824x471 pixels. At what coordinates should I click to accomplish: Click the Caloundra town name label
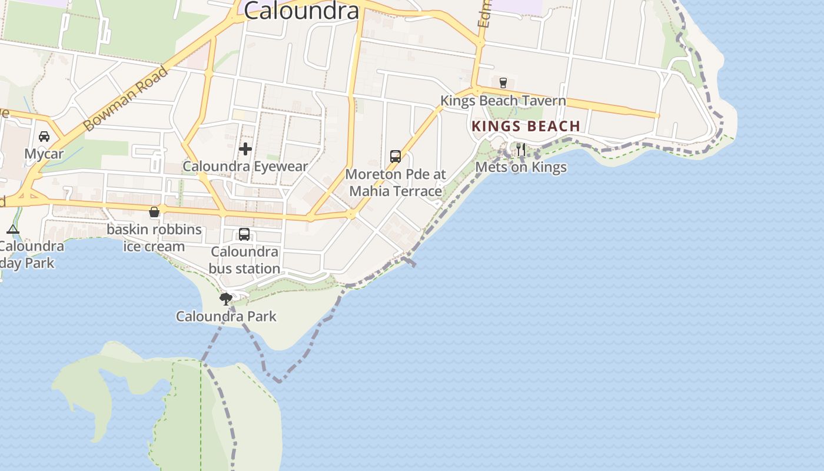pos(301,11)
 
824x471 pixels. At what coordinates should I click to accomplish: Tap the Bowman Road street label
pos(125,99)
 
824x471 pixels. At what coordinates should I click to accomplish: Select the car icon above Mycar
pos(44,137)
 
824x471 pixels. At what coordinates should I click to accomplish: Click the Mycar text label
pos(44,154)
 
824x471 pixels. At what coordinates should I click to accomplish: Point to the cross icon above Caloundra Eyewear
pos(245,149)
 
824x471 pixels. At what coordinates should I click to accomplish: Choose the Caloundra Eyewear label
pos(245,167)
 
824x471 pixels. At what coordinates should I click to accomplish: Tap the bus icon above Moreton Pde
pos(396,157)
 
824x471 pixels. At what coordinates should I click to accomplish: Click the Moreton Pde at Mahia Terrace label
pos(396,183)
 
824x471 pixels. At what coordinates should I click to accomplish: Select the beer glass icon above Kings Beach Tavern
pos(503,83)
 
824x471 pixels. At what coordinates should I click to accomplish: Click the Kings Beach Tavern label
pos(503,101)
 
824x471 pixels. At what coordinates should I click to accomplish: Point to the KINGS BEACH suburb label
pos(526,126)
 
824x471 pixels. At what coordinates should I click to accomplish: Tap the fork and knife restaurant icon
pos(521,150)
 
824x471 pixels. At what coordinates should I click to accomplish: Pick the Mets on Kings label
pos(521,167)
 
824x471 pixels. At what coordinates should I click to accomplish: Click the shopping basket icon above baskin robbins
pos(154,212)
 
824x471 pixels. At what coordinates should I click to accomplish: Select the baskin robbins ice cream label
pos(154,238)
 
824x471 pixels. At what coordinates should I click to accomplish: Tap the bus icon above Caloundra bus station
pos(244,234)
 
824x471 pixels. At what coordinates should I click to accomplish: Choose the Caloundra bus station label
pos(245,260)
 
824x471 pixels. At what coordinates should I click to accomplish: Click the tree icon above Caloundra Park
pos(226,299)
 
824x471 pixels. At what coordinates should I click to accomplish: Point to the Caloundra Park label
pos(226,317)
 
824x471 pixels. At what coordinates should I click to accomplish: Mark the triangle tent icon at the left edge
pos(13,229)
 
